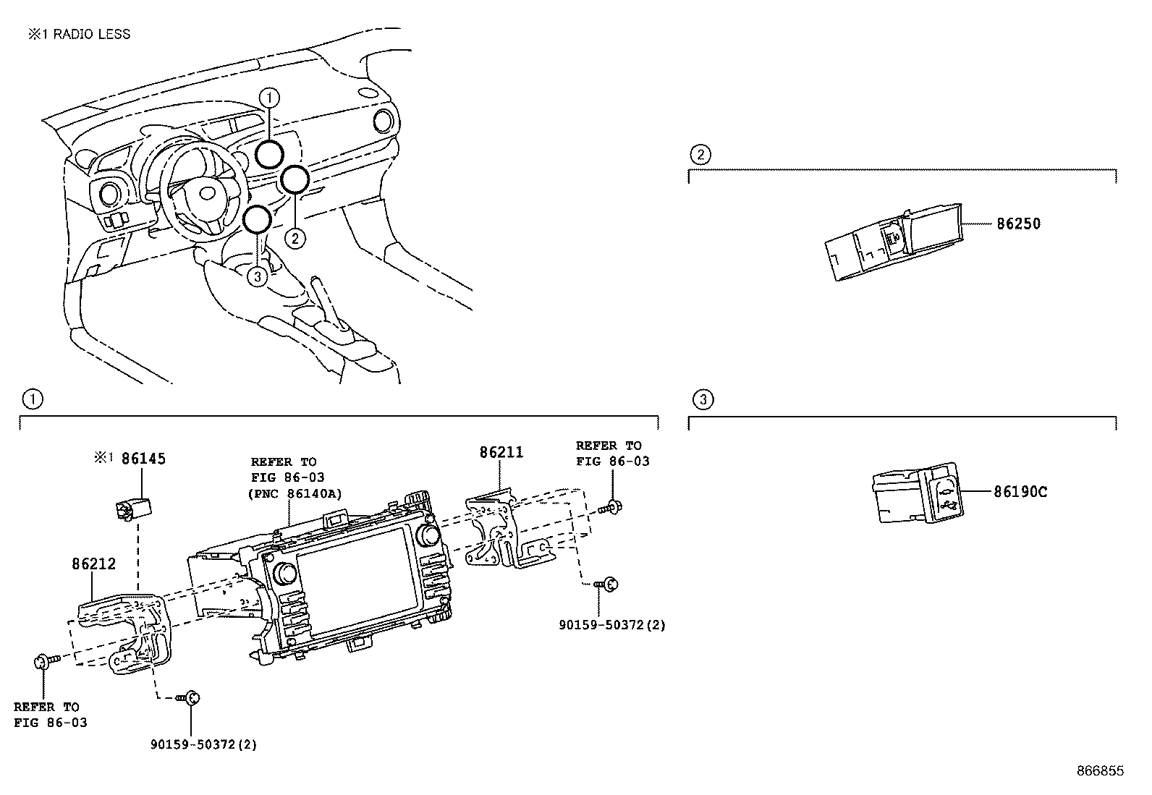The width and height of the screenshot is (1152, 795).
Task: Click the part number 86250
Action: click(x=1018, y=224)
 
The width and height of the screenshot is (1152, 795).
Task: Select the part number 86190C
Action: click(x=1020, y=492)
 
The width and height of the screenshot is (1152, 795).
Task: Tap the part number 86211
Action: click(x=501, y=452)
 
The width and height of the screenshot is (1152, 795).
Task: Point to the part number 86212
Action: click(x=93, y=564)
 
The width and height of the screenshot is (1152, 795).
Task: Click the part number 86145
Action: click(x=143, y=458)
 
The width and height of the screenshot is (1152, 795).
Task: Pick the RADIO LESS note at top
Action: click(x=80, y=34)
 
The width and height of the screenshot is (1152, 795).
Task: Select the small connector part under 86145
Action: click(x=130, y=508)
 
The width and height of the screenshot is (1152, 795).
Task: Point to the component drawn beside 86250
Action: click(x=895, y=242)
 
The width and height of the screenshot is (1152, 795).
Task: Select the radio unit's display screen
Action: click(x=353, y=567)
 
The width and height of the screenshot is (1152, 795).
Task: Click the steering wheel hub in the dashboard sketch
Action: click(x=207, y=192)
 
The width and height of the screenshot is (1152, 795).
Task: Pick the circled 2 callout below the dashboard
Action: click(x=295, y=237)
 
